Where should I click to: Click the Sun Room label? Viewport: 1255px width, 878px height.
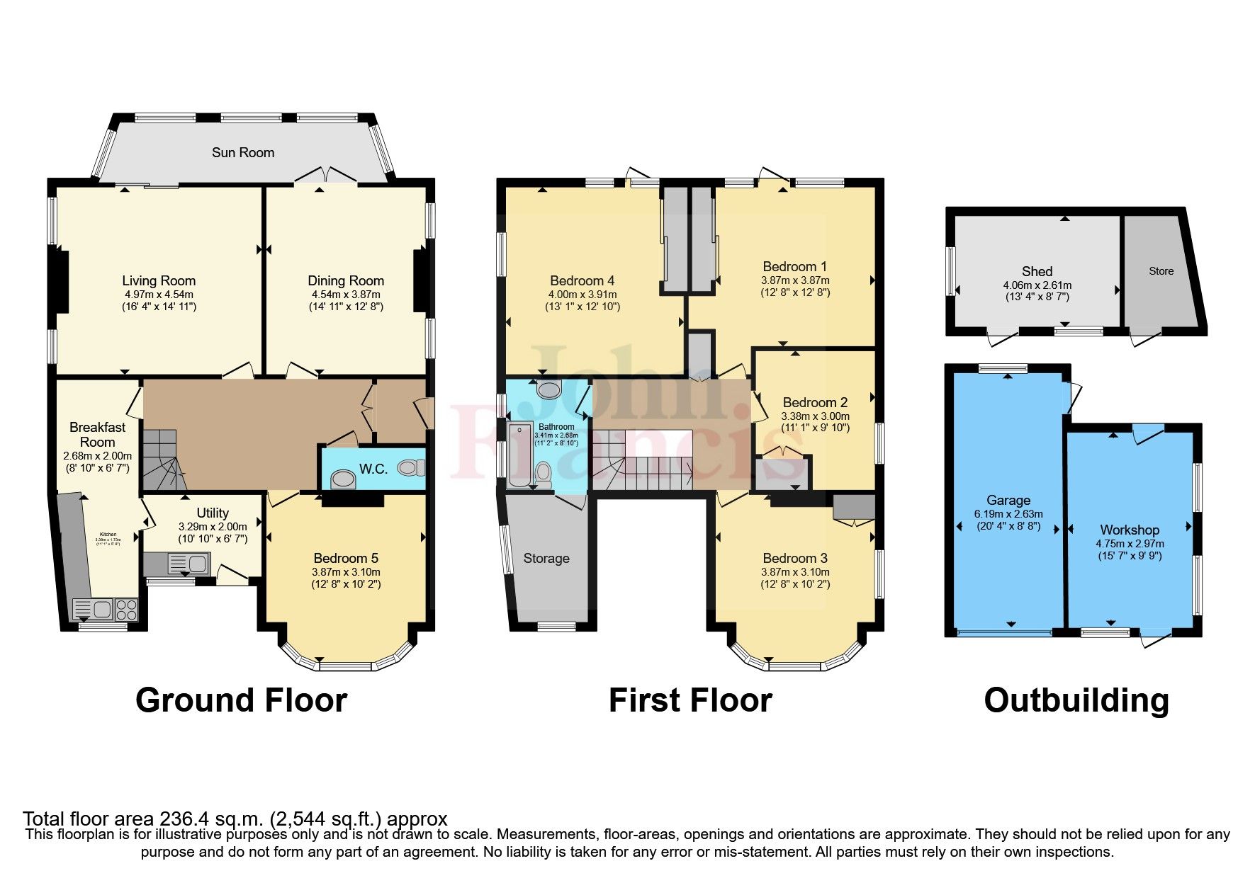point(243,152)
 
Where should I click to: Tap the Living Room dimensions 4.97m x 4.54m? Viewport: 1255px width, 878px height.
point(159,295)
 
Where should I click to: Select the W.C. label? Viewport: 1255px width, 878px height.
point(373,469)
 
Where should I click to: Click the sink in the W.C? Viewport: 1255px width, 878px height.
point(344,479)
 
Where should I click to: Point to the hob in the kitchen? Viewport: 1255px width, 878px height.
point(127,609)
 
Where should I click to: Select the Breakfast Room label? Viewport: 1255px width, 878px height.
point(97,434)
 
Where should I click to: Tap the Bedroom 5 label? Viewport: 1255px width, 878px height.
point(346,558)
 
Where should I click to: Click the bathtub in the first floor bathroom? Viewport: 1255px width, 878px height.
point(519,455)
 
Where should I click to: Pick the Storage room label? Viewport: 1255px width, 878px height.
point(546,558)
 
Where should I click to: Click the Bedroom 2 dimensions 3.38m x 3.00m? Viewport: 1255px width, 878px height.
point(815,416)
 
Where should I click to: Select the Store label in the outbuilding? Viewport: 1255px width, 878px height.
point(1161,271)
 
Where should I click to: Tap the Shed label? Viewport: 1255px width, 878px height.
point(1037,271)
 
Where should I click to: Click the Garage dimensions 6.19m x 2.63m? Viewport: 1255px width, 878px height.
point(1008,514)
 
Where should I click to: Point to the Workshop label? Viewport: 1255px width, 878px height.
point(1130,530)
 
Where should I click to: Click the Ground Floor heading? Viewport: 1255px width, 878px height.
point(241,700)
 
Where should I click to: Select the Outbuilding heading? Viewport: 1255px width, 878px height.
point(1076,700)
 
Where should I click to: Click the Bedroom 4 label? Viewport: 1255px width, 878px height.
point(582,280)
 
